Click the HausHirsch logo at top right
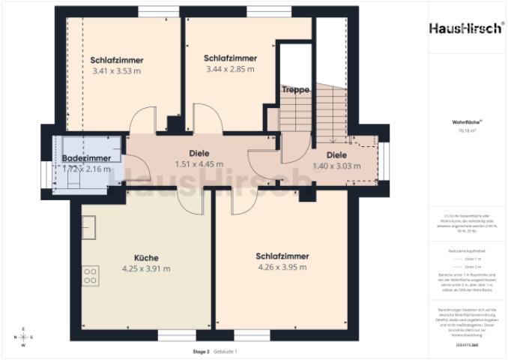[x=466, y=28]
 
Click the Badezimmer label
[x=86, y=158]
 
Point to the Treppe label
[x=295, y=90]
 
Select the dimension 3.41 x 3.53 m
[x=116, y=71]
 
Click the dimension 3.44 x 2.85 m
[x=230, y=69]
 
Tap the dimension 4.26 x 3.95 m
[x=282, y=267]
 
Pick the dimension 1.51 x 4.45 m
[x=199, y=164]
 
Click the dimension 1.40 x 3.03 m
[x=336, y=166]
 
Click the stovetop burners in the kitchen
[x=91, y=275]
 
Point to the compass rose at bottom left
[x=22, y=337]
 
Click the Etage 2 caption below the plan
[x=200, y=351]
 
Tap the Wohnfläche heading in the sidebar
[x=466, y=121]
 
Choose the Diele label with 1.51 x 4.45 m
[x=199, y=153]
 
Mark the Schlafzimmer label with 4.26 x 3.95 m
[x=282, y=256]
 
